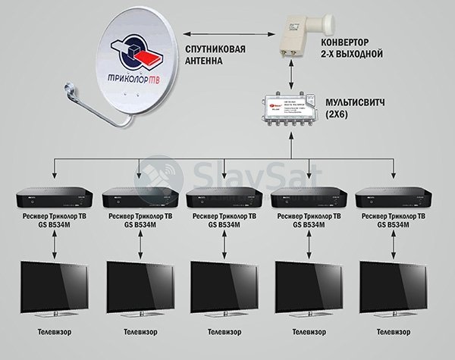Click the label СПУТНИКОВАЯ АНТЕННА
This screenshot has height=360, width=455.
pyautogui.click(x=218, y=56)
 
